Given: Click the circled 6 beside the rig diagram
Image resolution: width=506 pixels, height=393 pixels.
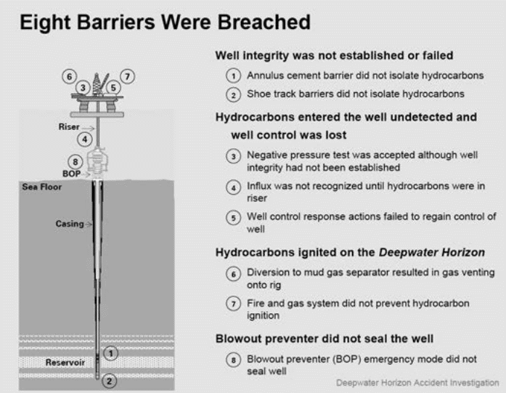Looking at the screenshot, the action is point(70,77).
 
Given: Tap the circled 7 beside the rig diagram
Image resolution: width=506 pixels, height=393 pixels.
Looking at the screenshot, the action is point(128,77).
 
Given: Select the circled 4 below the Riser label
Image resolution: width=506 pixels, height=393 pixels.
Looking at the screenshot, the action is point(84,139).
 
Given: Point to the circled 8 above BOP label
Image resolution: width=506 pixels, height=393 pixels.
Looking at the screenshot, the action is point(76,161).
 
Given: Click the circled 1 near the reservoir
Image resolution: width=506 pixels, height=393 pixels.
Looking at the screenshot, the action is point(110,353).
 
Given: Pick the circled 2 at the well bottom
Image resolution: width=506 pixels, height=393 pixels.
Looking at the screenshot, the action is point(110,381).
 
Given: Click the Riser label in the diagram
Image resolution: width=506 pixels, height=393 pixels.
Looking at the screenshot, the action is point(69,126).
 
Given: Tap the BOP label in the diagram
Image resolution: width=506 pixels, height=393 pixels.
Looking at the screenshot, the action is point(71,174).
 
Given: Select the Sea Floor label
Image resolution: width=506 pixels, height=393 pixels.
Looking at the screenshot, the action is point(41,187).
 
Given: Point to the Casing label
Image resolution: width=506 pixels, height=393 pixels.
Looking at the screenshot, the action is point(70,224).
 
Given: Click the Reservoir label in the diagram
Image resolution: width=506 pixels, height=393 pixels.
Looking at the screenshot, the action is point(65,362).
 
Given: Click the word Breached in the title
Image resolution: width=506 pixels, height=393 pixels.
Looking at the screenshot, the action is point(264,22).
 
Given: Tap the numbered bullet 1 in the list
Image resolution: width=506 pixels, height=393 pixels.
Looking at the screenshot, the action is point(233,76).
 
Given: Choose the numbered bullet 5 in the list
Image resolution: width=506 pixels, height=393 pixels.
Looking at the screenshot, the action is point(233,218).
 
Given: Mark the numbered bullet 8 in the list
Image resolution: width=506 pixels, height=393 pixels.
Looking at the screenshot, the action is point(233,360).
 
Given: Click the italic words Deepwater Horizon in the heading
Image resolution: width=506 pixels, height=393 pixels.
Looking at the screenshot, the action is point(432,252).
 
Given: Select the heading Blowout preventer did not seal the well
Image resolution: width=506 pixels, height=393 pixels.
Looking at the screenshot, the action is point(325,339).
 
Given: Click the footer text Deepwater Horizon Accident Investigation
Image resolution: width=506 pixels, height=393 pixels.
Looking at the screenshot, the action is point(417,383).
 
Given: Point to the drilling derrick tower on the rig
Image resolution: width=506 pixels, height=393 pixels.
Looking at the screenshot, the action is point(97,84).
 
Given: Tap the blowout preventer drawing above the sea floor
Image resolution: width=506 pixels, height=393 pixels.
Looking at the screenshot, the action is point(97,161).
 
